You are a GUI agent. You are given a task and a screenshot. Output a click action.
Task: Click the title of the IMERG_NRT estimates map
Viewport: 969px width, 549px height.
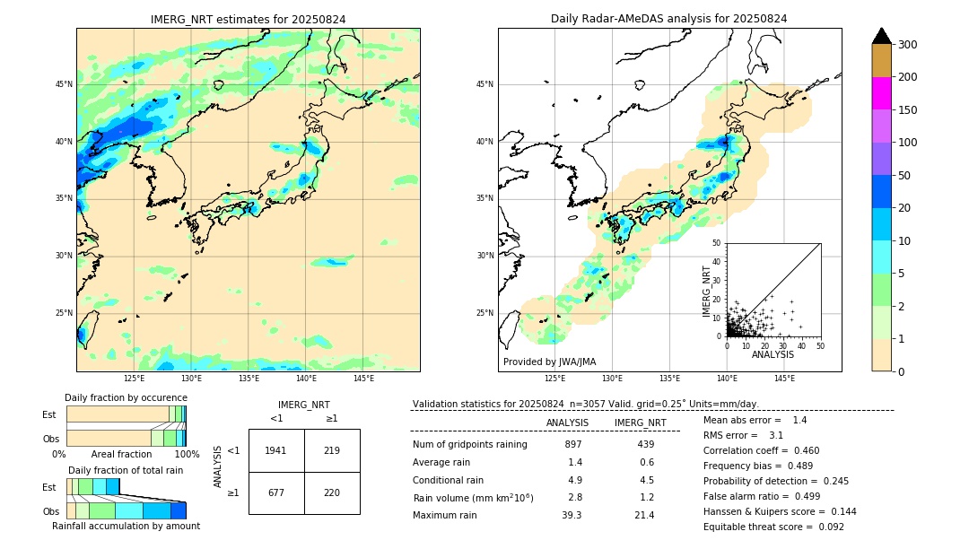click(248, 19)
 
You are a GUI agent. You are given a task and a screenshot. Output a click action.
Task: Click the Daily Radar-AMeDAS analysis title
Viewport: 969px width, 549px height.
click(668, 19)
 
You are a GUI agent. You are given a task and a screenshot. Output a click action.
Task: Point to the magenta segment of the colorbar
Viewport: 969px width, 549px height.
click(882, 93)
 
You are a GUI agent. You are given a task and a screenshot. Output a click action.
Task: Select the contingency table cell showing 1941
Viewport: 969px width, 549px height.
click(276, 450)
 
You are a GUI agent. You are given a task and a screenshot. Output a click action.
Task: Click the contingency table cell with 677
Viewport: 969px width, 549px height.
click(276, 492)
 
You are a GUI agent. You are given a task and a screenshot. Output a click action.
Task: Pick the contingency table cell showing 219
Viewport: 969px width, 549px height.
click(332, 450)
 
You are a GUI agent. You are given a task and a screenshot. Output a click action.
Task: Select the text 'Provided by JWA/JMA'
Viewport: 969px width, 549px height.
click(549, 362)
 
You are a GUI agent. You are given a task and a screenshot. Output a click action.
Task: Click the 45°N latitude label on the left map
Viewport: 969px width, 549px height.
click(64, 84)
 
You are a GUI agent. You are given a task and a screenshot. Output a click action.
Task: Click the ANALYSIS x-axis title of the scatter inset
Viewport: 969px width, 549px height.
click(773, 354)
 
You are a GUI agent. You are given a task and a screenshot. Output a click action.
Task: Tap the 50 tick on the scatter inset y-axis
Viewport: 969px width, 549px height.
click(717, 243)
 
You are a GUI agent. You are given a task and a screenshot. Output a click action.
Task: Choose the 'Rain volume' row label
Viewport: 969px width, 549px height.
click(473, 498)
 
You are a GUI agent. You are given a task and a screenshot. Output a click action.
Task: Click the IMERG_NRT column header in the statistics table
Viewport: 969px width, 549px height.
click(640, 423)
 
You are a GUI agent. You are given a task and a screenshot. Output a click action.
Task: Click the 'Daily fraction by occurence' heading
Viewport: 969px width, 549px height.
click(126, 397)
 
